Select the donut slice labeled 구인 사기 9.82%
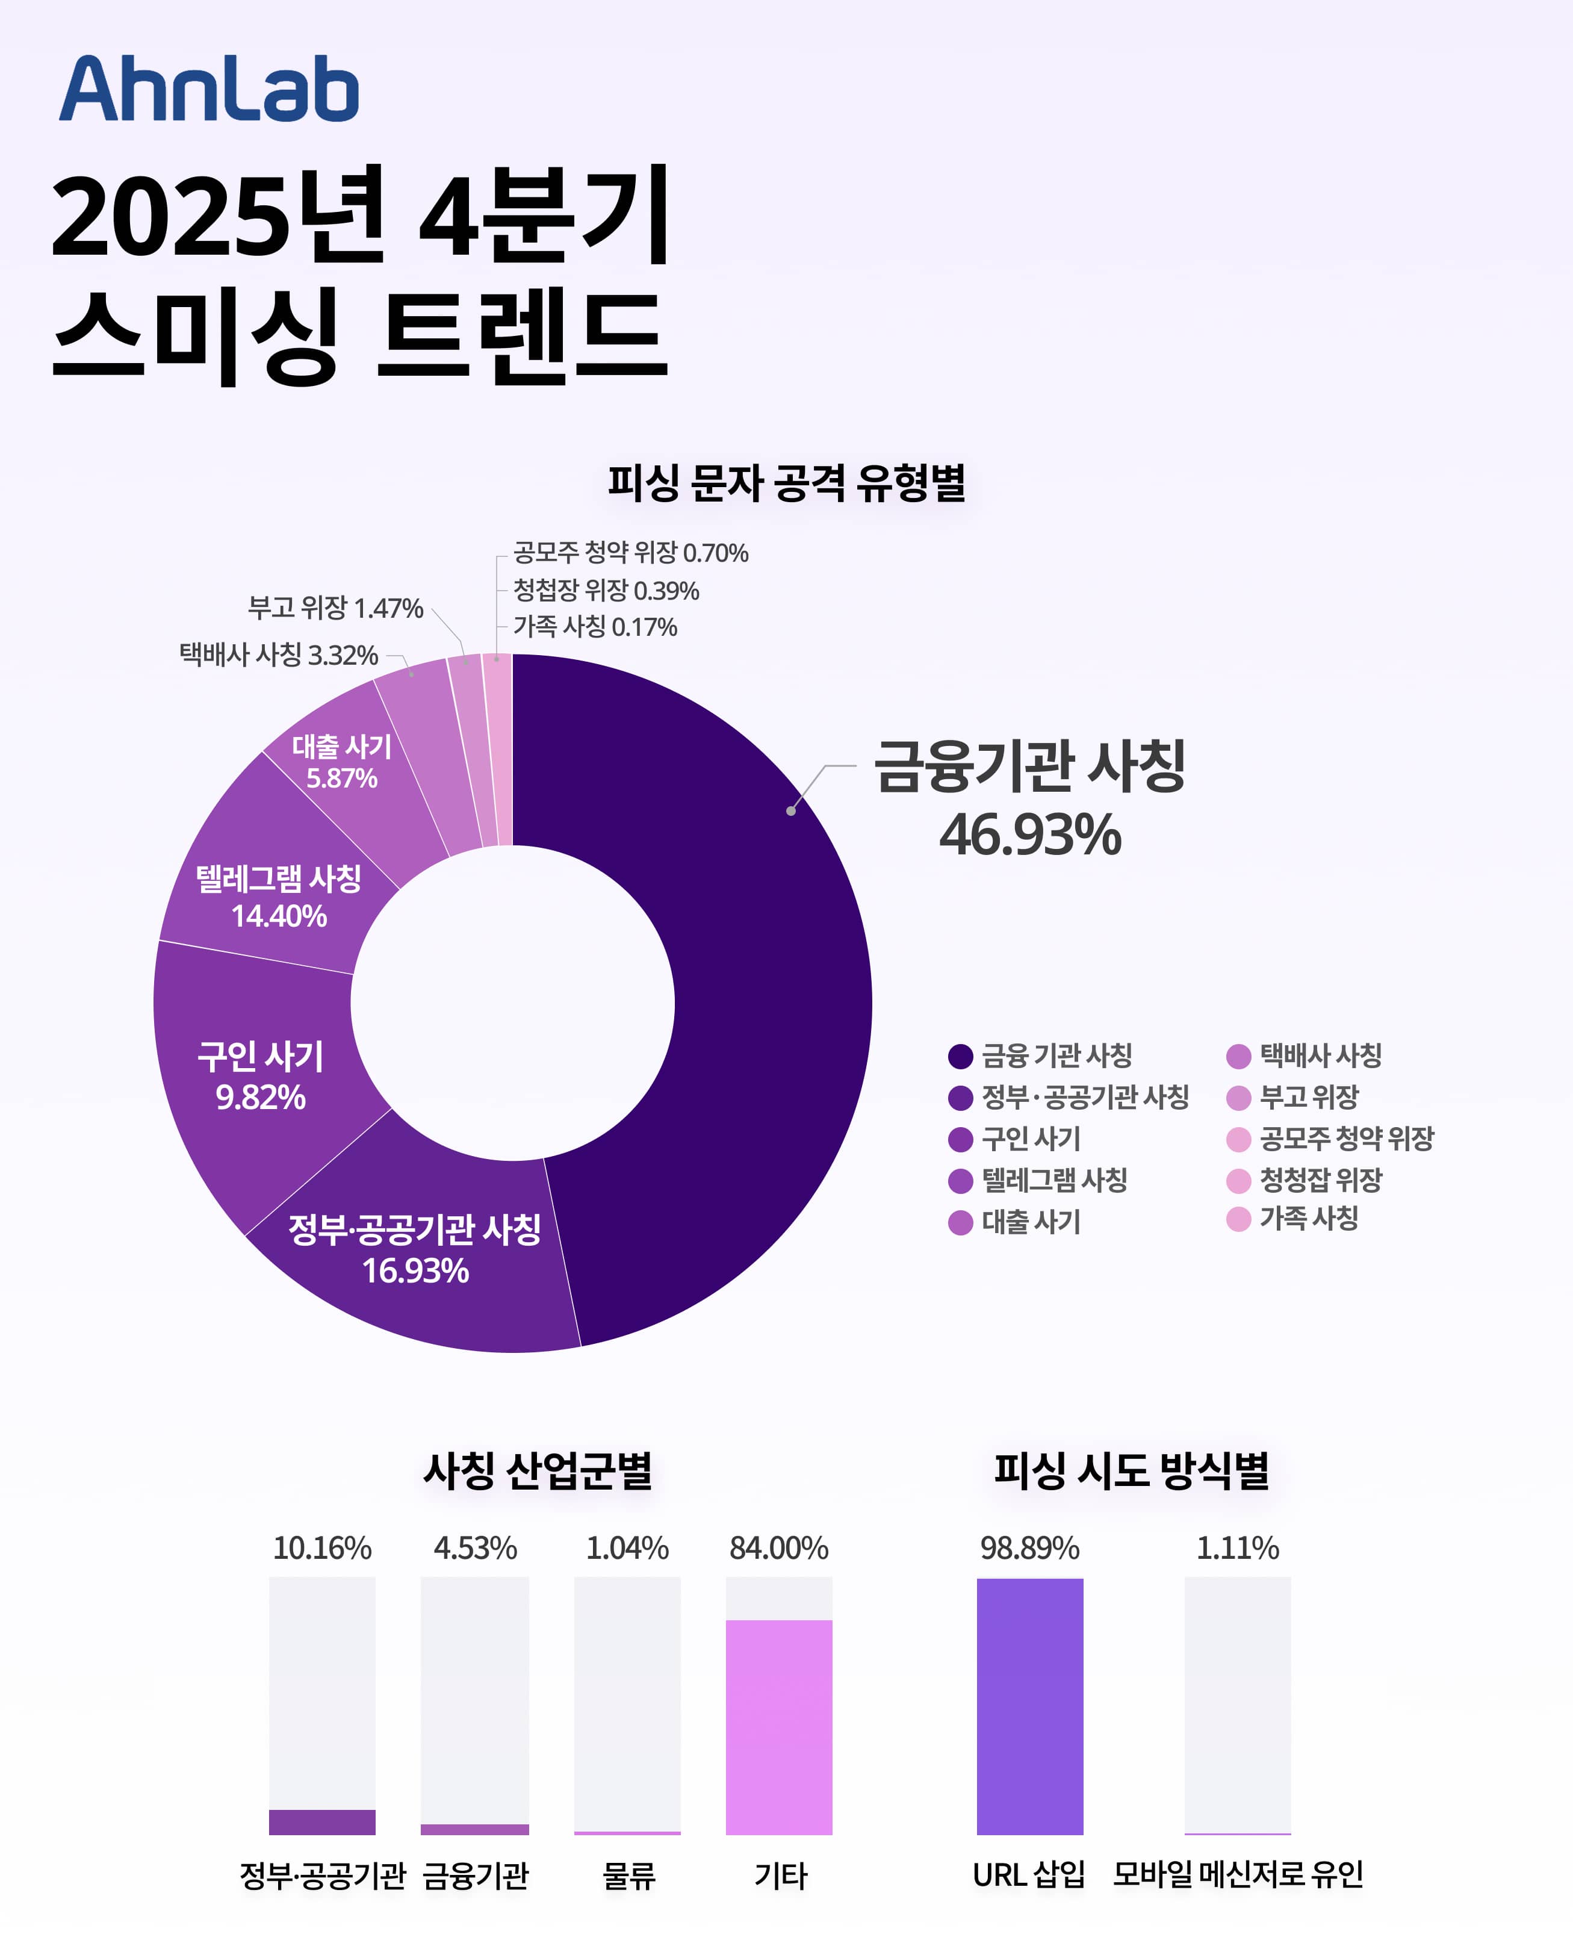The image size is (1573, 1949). (260, 1077)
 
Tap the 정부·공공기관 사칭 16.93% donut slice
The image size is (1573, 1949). (415, 1249)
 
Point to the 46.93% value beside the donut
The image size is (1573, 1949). (1030, 835)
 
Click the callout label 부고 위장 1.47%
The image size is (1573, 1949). (335, 608)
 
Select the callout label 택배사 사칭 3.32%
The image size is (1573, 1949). (278, 654)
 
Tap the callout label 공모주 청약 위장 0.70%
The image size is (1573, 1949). (631, 553)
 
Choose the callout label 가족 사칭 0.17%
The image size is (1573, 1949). (595, 627)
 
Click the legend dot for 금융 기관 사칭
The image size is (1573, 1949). (960, 1055)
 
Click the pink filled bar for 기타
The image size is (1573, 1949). (778, 1726)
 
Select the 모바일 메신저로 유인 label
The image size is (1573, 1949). (1238, 1874)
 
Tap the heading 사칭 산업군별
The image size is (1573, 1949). (538, 1470)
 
